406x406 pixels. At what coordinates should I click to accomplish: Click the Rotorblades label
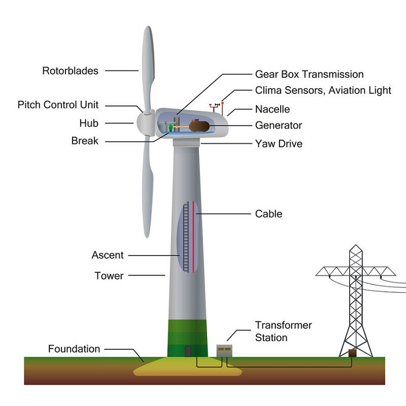coord(70,71)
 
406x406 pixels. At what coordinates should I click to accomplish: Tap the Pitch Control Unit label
coord(58,105)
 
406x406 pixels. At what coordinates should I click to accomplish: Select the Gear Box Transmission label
coord(309,74)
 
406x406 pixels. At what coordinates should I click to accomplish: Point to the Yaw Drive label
coord(278,144)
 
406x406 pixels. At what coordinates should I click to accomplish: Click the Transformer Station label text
coord(283,331)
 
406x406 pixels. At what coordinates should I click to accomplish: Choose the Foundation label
coord(74,349)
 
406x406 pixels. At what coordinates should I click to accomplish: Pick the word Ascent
coord(107,255)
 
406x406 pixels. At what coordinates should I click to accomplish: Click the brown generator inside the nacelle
coord(199,126)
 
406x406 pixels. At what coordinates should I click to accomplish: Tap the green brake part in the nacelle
coord(171,128)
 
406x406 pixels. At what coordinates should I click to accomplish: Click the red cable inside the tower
coord(193,237)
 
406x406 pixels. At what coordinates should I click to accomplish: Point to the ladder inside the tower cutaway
coord(186,237)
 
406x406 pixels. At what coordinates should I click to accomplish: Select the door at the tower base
coord(188,351)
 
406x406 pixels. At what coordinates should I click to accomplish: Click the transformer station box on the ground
coord(224,351)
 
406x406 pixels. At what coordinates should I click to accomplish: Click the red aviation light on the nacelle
coord(222,103)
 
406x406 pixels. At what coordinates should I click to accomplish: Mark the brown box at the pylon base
coord(352,353)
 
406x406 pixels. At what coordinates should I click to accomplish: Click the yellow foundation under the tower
coord(187,367)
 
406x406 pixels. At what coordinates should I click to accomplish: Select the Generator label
coord(278,125)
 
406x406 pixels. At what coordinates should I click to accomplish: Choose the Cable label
coord(269,214)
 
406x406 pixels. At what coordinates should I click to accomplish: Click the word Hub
coord(89,123)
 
